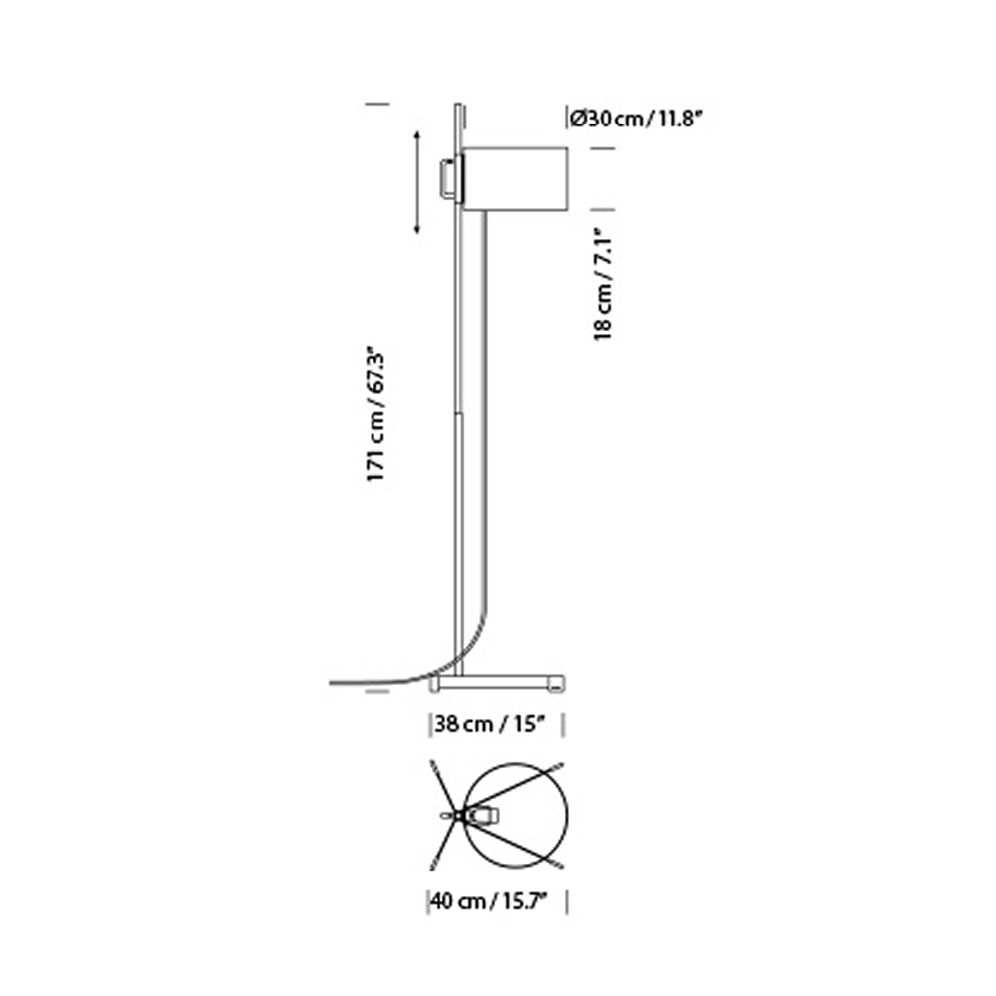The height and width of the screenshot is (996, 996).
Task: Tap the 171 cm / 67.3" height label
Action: tap(375, 414)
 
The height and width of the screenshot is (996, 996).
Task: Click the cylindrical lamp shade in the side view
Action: tap(516, 179)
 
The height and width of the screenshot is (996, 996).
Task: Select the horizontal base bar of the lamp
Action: tap(495, 682)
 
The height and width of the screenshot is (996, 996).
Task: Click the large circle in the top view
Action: tap(518, 814)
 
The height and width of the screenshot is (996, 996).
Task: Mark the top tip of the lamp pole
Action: tap(458, 104)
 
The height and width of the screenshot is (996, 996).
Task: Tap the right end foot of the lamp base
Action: tap(555, 684)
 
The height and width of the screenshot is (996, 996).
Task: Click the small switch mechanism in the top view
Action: tap(482, 816)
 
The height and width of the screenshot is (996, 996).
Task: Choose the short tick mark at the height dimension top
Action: tap(376, 103)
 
